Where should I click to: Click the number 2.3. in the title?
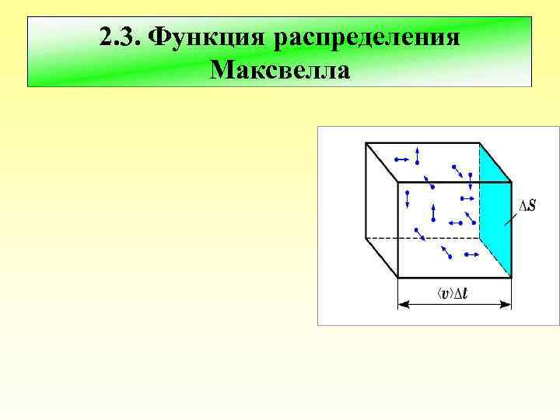(x=121, y=37)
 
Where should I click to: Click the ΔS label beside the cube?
(x=526, y=206)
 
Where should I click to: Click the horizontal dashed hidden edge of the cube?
(x=436, y=237)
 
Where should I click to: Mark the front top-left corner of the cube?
(x=398, y=183)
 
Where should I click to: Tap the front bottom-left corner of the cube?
(x=398, y=277)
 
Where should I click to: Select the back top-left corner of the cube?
(x=366, y=143)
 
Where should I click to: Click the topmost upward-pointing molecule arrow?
(x=418, y=156)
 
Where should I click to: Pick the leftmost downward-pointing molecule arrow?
(x=408, y=198)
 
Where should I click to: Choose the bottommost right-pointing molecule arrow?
(x=469, y=254)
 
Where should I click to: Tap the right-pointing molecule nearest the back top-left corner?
(x=402, y=159)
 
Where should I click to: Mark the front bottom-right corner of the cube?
(x=511, y=277)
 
